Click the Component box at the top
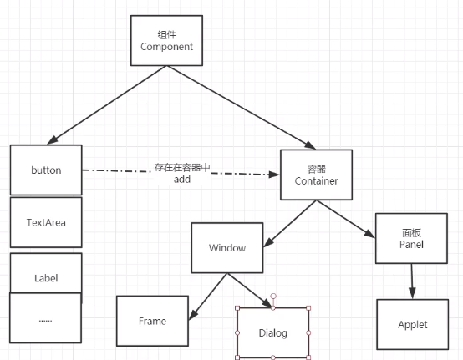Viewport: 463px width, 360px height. pyautogui.click(x=166, y=40)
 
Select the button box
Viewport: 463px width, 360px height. pyautogui.click(x=46, y=170)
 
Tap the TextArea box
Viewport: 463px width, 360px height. pyautogui.click(x=46, y=222)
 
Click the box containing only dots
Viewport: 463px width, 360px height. pyautogui.click(x=45, y=318)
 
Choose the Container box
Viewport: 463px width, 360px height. pyautogui.click(x=316, y=175)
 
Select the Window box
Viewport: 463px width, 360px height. pyautogui.click(x=227, y=248)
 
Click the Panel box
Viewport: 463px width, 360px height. pyautogui.click(x=411, y=238)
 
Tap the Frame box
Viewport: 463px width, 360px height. pyautogui.click(x=152, y=321)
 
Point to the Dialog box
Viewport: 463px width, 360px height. pyautogui.click(x=272, y=333)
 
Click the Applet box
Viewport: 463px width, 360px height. pyautogui.click(x=413, y=325)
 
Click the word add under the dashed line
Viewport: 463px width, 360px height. pyautogui.click(x=182, y=180)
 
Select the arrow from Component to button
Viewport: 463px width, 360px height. pyautogui.click(x=107, y=105)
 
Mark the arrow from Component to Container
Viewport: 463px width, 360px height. pyautogui.click(x=242, y=108)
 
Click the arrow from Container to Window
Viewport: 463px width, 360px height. pyautogui.click(x=290, y=224)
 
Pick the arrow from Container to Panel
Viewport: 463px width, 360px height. pyautogui.click(x=346, y=219)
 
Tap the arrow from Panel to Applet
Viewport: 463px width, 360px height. pyautogui.click(x=412, y=281)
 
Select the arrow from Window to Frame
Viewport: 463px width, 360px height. pyautogui.click(x=208, y=297)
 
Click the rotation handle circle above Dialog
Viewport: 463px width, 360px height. pyautogui.click(x=273, y=296)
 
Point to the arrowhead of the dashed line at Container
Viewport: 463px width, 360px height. pyautogui.click(x=274, y=175)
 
